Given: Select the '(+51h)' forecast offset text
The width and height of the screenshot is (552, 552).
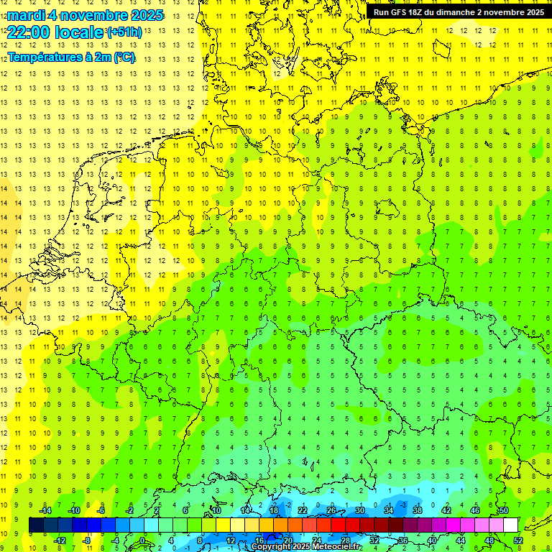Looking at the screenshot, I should click(x=124, y=32).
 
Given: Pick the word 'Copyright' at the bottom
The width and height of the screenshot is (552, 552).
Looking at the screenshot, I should click(x=271, y=547).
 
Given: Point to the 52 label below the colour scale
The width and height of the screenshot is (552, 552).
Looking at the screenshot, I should click(x=517, y=540).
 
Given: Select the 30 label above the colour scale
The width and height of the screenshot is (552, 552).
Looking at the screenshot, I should click(x=360, y=510).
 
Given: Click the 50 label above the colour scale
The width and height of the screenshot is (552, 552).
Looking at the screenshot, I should click(x=504, y=510).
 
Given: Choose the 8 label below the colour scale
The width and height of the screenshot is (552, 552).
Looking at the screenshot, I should click(x=201, y=540).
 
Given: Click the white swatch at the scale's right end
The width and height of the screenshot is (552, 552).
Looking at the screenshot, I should click(x=510, y=525).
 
